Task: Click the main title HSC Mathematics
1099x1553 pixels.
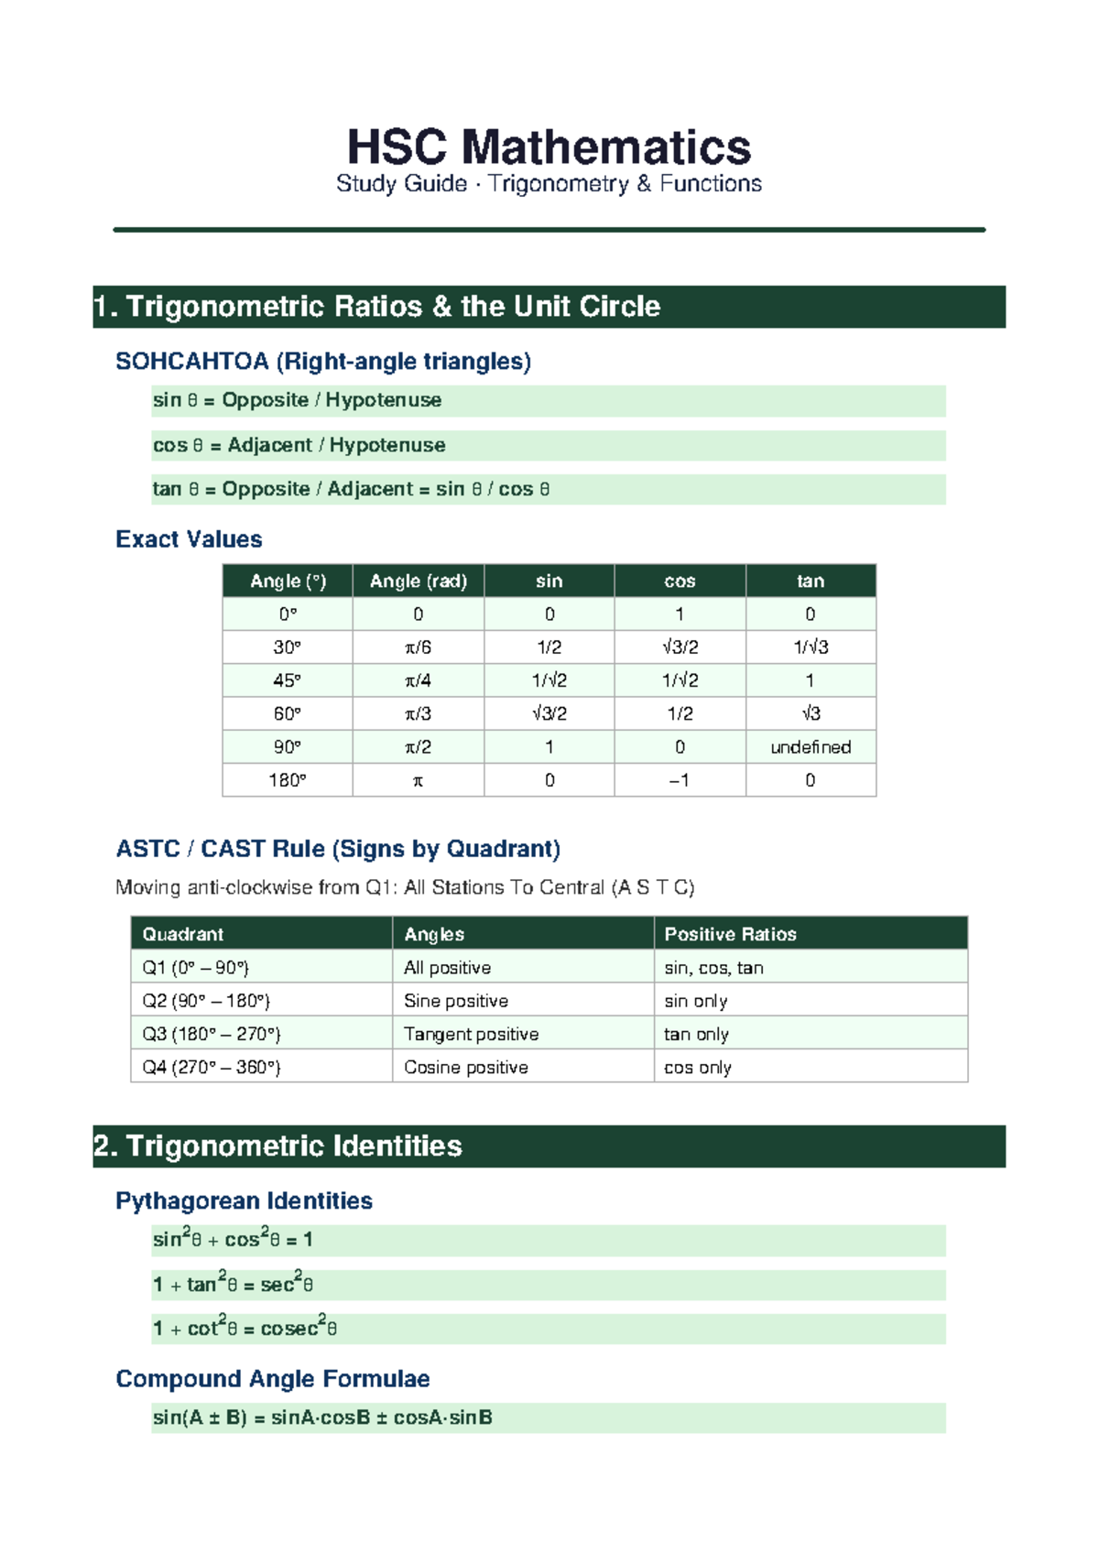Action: click(549, 147)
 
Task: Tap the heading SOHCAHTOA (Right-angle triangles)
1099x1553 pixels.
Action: click(323, 362)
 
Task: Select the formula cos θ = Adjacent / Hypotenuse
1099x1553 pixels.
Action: click(299, 445)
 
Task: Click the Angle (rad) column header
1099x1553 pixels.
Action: click(419, 581)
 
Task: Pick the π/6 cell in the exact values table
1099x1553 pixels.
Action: click(419, 647)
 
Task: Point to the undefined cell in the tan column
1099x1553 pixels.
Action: click(811, 747)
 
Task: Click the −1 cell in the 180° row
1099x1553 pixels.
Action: click(680, 780)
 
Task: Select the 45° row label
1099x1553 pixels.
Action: click(288, 680)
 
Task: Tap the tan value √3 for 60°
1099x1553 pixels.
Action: click(811, 713)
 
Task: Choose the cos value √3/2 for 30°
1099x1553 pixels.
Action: click(680, 647)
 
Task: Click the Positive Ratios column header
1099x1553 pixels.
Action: click(730, 934)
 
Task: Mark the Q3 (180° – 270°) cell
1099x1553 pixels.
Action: click(212, 1034)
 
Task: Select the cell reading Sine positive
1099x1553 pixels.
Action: click(456, 1001)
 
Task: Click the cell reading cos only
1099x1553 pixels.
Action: click(698, 1068)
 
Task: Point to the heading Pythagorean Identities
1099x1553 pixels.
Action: click(244, 1201)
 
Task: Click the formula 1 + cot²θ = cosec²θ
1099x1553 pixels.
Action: click(245, 1329)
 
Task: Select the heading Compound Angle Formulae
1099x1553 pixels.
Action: click(273, 1379)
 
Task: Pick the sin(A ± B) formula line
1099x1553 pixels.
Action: click(322, 1417)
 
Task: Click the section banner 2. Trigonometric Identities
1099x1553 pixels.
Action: click(278, 1146)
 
